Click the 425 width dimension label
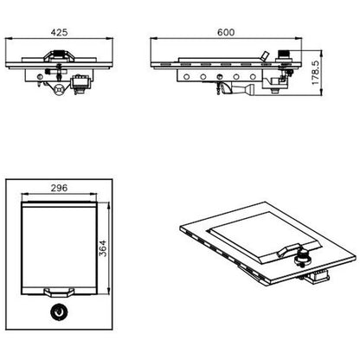click(59, 32)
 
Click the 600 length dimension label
click(226, 32)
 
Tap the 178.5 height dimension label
click(315, 73)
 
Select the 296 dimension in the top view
click(59, 188)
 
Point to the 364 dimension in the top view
click(103, 248)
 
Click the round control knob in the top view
click(59, 312)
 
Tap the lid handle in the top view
click(59, 292)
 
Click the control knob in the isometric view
click(303, 258)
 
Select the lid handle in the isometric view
click(288, 250)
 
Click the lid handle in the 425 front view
click(59, 55)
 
